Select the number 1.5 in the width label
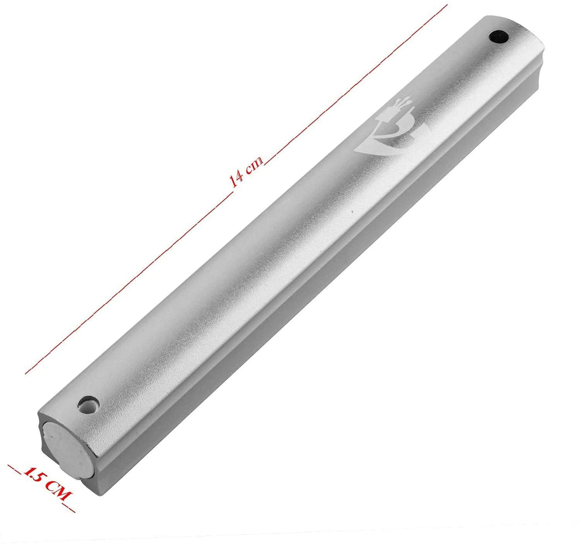click(34, 474)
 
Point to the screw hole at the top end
click(498, 37)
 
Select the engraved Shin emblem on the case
click(392, 130)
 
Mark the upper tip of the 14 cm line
click(447, 5)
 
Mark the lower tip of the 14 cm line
click(26, 374)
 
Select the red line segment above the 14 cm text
click(356, 82)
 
